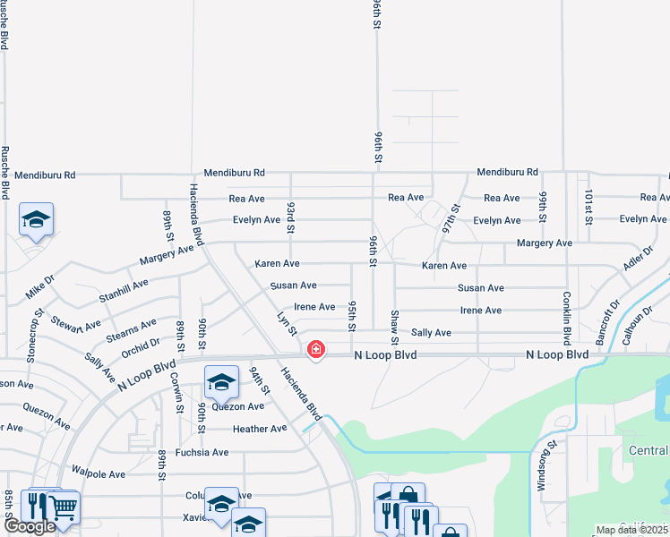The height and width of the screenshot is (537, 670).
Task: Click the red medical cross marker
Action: click(x=315, y=349)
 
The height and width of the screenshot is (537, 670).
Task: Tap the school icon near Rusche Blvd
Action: click(x=36, y=220)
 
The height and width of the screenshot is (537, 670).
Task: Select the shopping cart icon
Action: click(x=63, y=508)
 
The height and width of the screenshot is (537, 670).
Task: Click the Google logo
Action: click(x=30, y=526)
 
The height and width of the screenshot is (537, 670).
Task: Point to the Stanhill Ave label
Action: click(x=124, y=287)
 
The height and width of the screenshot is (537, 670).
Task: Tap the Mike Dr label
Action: click(x=40, y=287)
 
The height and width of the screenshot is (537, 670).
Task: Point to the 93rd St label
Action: click(x=291, y=217)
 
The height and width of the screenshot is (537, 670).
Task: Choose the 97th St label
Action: click(x=450, y=218)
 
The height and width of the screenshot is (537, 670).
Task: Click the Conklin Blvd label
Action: click(x=567, y=318)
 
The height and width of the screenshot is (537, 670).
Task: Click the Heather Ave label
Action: click(x=260, y=429)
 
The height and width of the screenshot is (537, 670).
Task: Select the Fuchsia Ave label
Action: click(x=202, y=452)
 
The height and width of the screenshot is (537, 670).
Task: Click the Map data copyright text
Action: click(x=631, y=530)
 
